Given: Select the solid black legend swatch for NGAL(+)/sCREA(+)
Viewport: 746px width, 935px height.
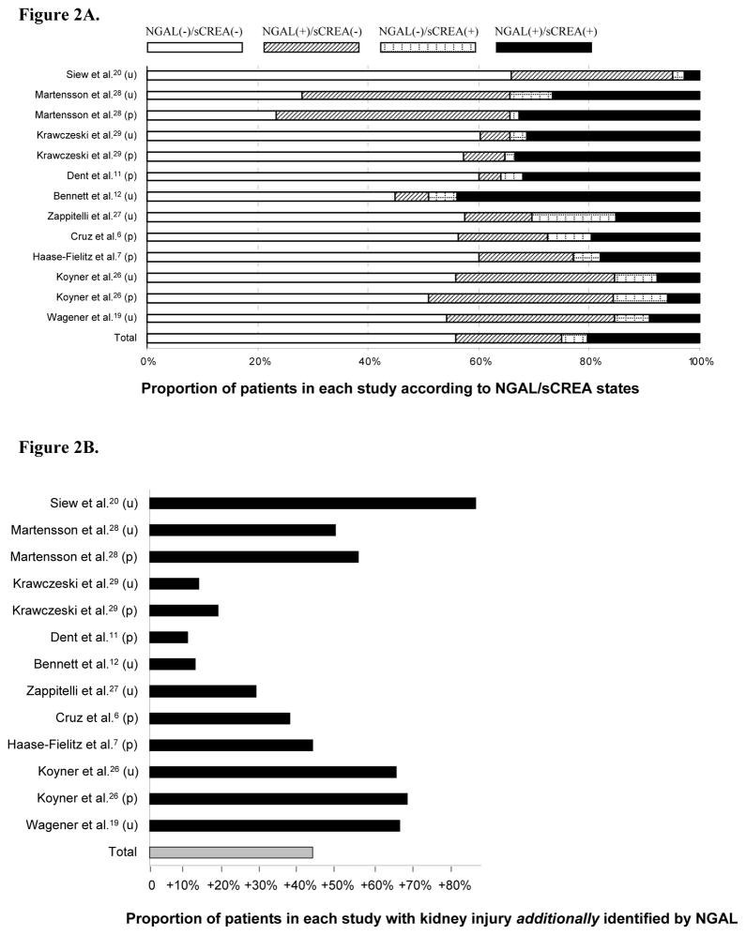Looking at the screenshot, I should pos(543,47).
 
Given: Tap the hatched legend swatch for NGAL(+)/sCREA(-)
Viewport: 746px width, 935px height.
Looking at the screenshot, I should pos(311,47).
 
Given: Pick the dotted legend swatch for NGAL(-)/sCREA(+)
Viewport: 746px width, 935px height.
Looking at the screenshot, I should pos(427,47).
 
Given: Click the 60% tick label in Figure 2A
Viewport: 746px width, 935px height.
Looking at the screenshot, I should pos(480,360).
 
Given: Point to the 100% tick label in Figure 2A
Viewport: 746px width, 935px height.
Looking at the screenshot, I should pos(700,360).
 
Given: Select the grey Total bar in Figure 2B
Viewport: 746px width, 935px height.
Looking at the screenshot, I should pos(231,852).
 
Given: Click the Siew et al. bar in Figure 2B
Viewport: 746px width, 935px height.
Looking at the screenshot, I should pos(312,503).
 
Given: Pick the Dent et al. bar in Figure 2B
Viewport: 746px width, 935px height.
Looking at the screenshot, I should pos(169,637).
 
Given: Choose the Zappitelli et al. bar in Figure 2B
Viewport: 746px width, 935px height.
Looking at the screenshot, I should pos(203,691).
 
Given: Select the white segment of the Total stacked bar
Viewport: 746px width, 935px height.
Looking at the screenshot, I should pos(301,339).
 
